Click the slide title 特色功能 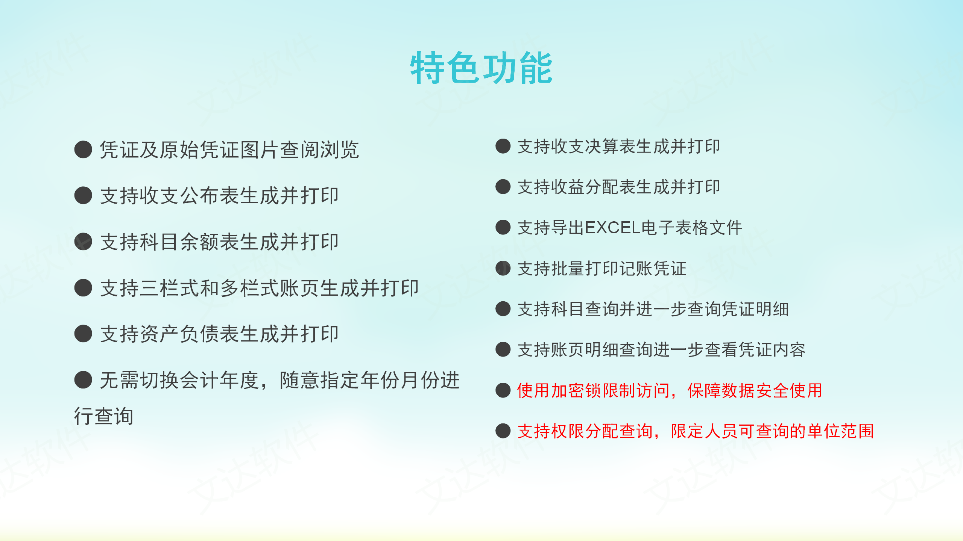481,68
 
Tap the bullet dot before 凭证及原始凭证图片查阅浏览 83,150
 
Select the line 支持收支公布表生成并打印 219,196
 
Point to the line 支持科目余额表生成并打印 219,242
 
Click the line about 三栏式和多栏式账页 259,288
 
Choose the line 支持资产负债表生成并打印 219,334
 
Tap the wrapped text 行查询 103,416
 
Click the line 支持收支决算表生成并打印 619,147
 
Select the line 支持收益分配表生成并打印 619,187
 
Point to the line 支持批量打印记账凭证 602,269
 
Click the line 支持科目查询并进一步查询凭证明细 653,309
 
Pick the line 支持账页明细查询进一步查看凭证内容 661,350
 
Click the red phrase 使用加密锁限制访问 594,391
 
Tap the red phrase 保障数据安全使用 755,391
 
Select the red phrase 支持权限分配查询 585,431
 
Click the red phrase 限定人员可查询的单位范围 772,431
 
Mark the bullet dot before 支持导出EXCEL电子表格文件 503,227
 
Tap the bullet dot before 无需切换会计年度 83,380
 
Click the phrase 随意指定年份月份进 370,380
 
